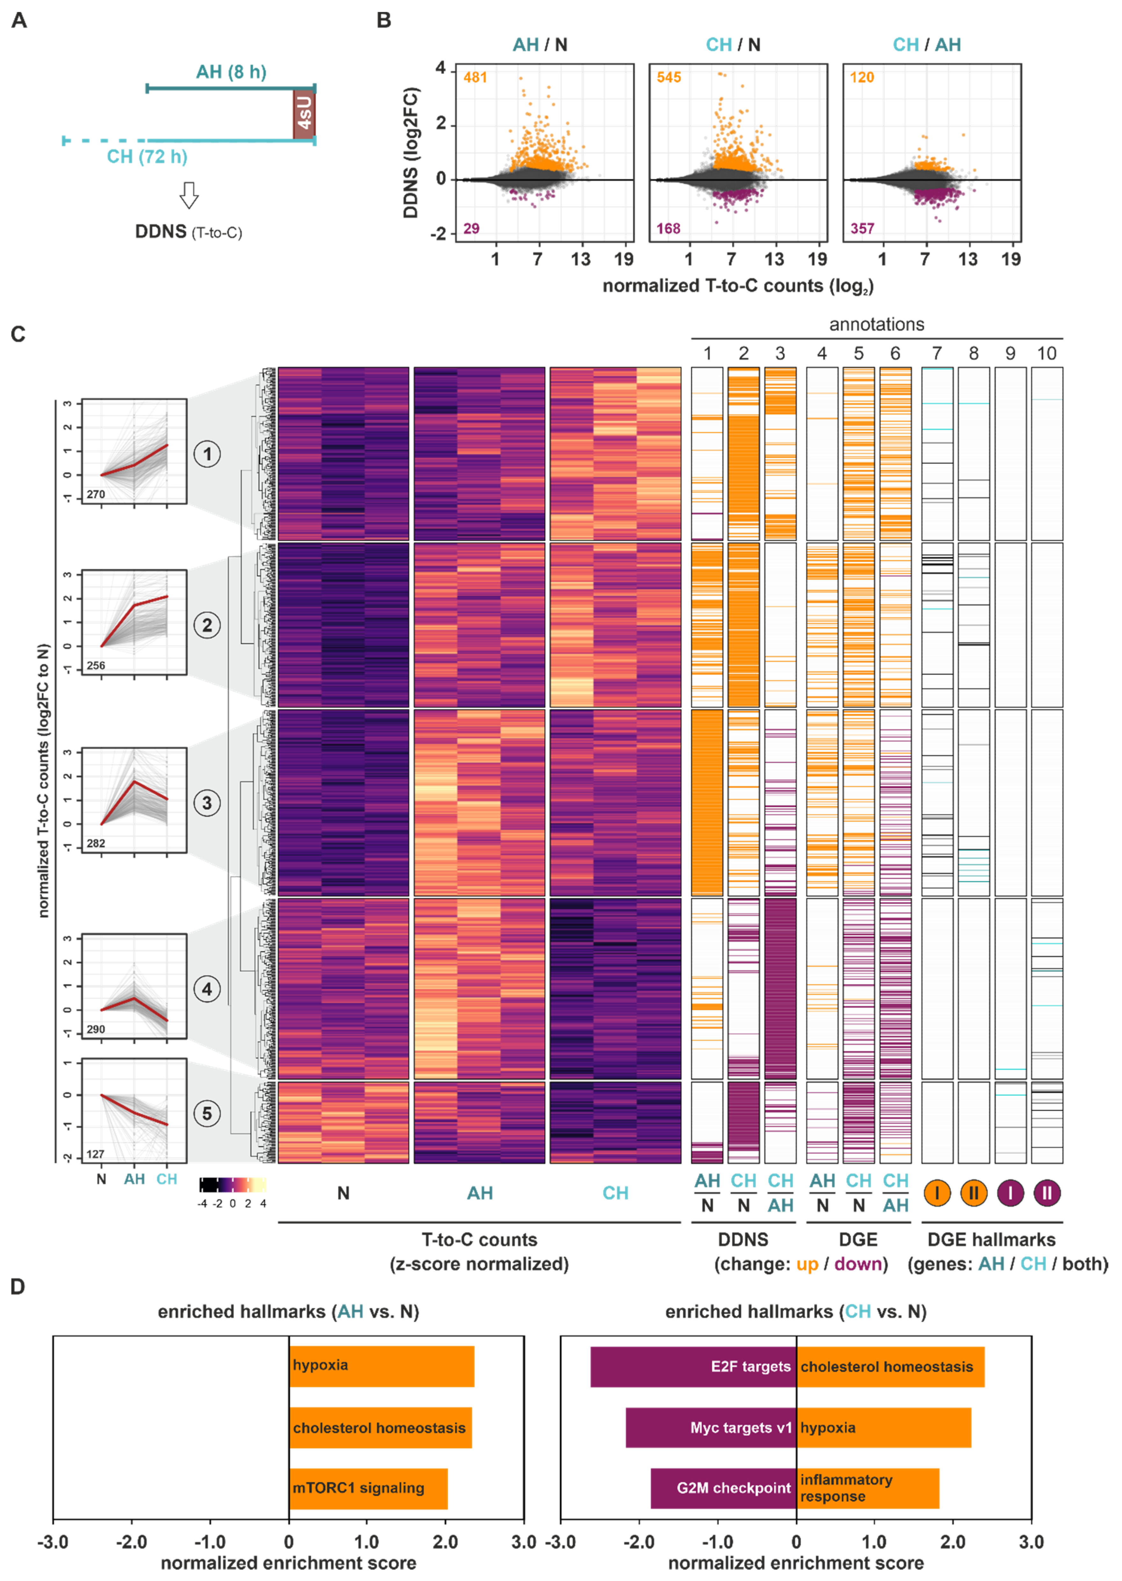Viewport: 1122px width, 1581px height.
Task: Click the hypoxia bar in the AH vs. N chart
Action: [381, 1365]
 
